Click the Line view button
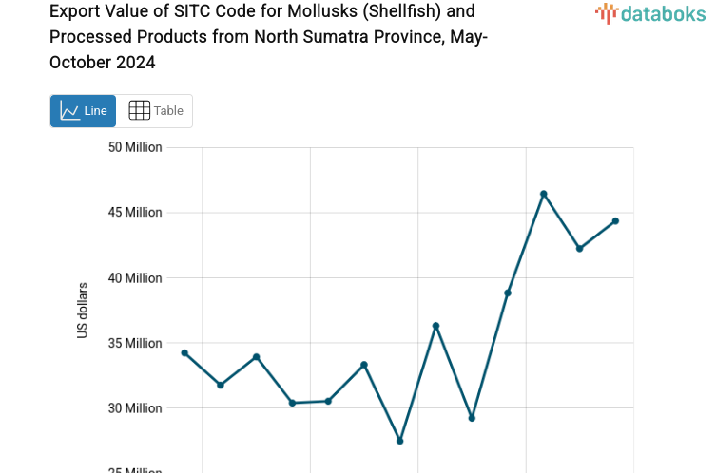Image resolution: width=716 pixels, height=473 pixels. [x=83, y=111]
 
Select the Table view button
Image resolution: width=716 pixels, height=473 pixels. [x=155, y=111]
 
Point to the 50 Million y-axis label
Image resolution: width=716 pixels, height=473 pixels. [x=135, y=147]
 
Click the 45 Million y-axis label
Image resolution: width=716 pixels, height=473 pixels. [x=135, y=213]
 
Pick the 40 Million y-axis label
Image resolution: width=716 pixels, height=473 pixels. [x=135, y=278]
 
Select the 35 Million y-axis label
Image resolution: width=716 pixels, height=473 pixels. [x=135, y=343]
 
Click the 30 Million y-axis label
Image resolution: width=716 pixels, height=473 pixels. [x=135, y=408]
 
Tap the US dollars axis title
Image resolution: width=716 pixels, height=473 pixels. [x=83, y=311]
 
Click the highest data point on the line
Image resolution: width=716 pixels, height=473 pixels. [x=544, y=194]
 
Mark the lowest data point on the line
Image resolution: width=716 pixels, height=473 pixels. [x=400, y=441]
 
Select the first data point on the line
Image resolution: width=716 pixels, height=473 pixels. [x=184, y=353]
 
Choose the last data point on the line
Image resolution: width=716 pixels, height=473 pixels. [x=615, y=221]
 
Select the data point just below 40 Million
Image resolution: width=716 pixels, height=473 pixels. [x=508, y=293]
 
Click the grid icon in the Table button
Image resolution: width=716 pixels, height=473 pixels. [x=139, y=111]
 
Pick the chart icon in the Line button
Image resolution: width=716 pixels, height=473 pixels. [x=69, y=111]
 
